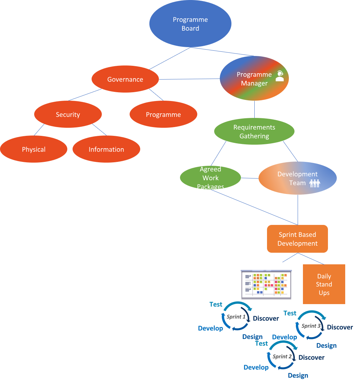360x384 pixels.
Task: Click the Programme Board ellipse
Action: [x=190, y=24]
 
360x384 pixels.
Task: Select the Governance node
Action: [x=125, y=79]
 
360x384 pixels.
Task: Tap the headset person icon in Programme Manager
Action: [x=280, y=76]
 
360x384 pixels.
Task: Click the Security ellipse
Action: [x=68, y=114]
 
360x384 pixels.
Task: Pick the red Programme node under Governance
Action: [x=163, y=114]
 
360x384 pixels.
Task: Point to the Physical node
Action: [x=34, y=149]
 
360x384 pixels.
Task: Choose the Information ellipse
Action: [x=106, y=149]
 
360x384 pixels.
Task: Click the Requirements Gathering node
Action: [x=254, y=132]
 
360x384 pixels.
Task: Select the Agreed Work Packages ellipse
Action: [x=211, y=178]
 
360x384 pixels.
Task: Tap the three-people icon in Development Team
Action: [x=314, y=183]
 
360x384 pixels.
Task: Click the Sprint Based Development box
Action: [x=298, y=239]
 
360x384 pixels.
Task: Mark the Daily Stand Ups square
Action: [x=324, y=284]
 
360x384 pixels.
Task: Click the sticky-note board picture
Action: [x=266, y=284]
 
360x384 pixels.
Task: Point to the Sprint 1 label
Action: [x=236, y=317]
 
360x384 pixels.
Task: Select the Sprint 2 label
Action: [x=282, y=357]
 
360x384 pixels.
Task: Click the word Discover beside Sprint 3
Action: [x=340, y=327]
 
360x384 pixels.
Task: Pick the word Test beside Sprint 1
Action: [x=216, y=304]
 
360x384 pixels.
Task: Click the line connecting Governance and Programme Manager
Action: [x=189, y=79]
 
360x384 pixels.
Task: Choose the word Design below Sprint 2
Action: [x=298, y=376]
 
